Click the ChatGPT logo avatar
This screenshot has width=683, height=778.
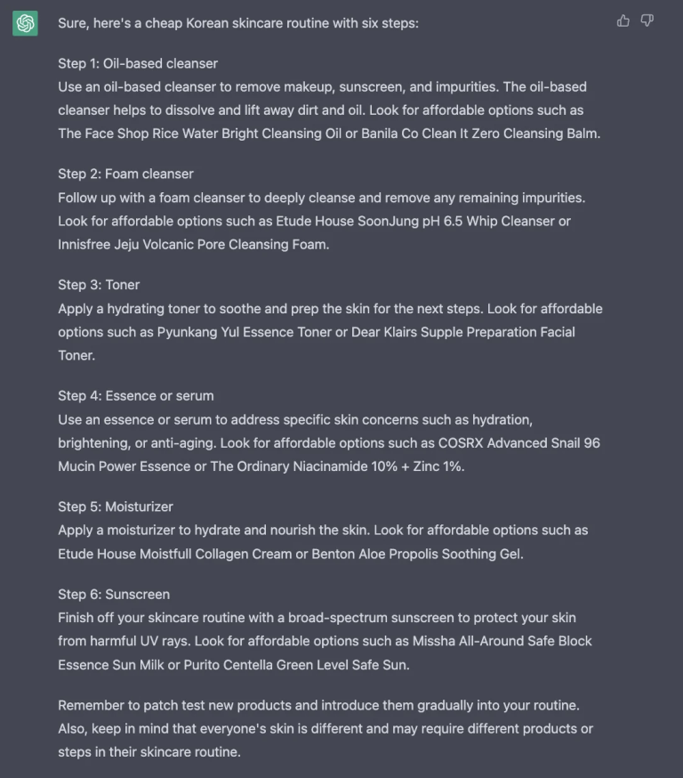tap(25, 23)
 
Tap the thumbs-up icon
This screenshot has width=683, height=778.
tap(623, 20)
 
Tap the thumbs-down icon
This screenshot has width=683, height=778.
tap(647, 20)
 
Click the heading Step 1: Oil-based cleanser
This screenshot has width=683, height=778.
tap(138, 63)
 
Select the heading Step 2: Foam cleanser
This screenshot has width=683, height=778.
tap(125, 174)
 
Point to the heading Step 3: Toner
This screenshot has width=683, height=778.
tap(99, 285)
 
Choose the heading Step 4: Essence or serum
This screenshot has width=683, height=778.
tap(136, 395)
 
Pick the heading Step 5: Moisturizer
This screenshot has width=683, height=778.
tap(116, 507)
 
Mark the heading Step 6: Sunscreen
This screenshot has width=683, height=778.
tap(114, 594)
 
